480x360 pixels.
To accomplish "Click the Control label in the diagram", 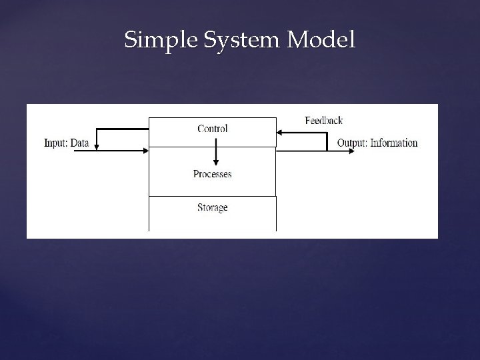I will coord(213,129).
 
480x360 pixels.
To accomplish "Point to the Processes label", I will coord(213,174).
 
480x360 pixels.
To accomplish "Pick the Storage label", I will coord(213,207).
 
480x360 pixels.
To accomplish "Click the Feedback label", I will coord(323,121).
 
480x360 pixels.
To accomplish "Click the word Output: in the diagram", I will coord(351,143).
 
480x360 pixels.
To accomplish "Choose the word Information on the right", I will coord(393,143).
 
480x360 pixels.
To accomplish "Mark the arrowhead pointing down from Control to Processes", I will coord(215,163).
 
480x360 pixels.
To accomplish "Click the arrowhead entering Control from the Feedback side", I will coord(281,133).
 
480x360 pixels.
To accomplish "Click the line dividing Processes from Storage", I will coord(212,196).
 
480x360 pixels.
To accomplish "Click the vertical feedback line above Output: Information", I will coord(327,141).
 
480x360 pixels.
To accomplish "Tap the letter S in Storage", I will coord(200,207).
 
